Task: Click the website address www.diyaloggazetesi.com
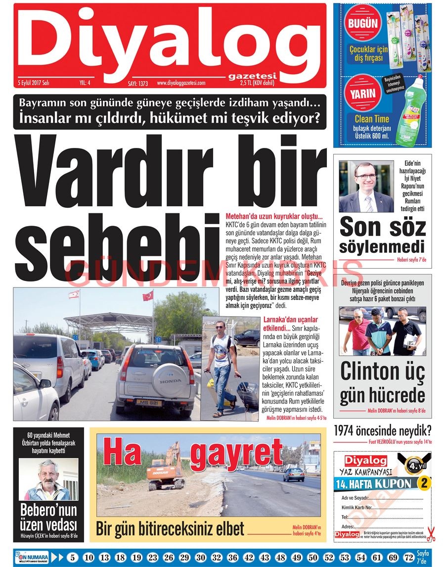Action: (188, 83)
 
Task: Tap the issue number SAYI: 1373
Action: (138, 84)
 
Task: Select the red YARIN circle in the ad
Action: (363, 93)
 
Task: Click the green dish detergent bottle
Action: (410, 113)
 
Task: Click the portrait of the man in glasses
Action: (366, 187)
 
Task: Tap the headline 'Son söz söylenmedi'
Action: (383, 236)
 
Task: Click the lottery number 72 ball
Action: (408, 558)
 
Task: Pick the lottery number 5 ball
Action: (73, 558)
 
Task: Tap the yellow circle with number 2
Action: (424, 483)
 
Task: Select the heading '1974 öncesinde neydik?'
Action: (383, 430)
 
